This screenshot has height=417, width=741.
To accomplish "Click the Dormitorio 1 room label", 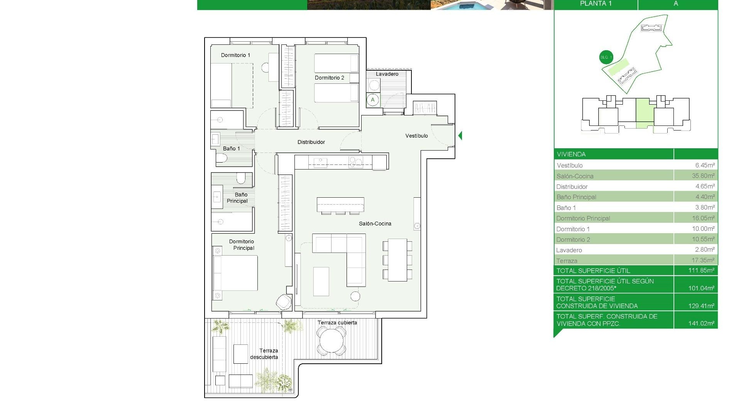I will click(x=235, y=55).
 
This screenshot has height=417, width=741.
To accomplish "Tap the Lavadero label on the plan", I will click(x=387, y=74).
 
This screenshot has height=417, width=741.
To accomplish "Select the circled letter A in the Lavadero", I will click(x=372, y=100).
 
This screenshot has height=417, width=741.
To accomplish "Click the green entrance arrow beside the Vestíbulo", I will click(x=460, y=136).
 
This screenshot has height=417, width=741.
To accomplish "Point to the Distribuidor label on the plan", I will click(x=311, y=142).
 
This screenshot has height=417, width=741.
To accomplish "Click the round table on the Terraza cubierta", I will click(x=331, y=340).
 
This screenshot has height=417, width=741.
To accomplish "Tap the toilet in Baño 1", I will click(x=222, y=158).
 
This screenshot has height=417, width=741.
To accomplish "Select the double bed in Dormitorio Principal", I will click(x=235, y=273).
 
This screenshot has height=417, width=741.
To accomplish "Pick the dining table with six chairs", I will click(x=397, y=260).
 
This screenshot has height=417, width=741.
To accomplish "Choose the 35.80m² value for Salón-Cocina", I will click(x=703, y=176).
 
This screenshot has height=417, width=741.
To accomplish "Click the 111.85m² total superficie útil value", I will click(x=701, y=270).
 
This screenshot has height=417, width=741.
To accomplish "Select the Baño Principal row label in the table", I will click(x=576, y=197).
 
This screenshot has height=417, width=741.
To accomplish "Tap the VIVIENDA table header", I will click(x=571, y=154).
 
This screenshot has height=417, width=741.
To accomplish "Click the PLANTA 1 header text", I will click(x=596, y=4).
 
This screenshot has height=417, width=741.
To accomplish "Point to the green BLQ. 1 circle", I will click(x=606, y=57).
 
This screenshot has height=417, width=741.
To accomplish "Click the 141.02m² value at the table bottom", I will click(x=701, y=323).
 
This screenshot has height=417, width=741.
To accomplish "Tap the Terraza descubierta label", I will click(x=264, y=354).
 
